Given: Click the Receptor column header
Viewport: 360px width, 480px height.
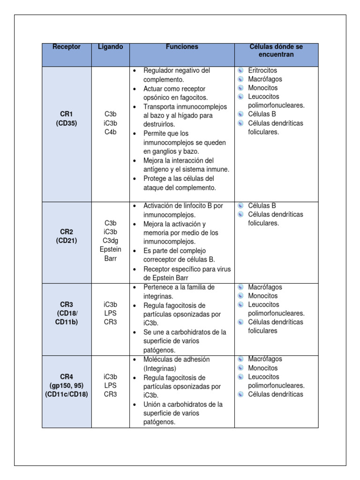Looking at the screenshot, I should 66,47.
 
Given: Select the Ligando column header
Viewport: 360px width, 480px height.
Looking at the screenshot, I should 110,47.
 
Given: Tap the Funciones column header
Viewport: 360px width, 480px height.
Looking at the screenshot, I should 182,47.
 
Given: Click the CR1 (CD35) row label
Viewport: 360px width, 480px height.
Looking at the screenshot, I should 66,119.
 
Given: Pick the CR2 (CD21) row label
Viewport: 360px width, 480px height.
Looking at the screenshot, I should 66,236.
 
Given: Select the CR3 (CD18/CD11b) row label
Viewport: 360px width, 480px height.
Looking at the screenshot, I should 66,313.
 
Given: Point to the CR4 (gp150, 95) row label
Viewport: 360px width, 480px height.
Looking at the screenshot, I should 66,385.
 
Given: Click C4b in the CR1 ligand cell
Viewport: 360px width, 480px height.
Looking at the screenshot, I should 111,132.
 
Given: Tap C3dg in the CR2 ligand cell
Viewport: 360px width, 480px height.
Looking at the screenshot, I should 111,240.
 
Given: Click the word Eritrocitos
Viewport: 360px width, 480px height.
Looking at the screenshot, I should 262,70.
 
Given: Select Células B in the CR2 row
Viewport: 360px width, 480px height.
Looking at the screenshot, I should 262,205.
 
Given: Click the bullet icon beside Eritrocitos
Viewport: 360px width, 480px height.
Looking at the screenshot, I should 240,70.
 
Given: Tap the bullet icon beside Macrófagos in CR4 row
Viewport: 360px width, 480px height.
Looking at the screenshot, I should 240,359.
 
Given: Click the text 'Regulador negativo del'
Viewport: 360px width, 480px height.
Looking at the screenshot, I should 177,70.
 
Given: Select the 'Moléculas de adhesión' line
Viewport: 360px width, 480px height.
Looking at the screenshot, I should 176,360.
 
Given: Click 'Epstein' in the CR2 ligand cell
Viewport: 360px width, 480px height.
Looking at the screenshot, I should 111,249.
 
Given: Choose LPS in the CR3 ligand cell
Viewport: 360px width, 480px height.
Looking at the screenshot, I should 111,313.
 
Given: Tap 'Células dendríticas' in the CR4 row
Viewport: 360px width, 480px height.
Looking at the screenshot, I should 276,394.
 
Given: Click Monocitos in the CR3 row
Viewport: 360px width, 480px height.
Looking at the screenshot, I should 262,296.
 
